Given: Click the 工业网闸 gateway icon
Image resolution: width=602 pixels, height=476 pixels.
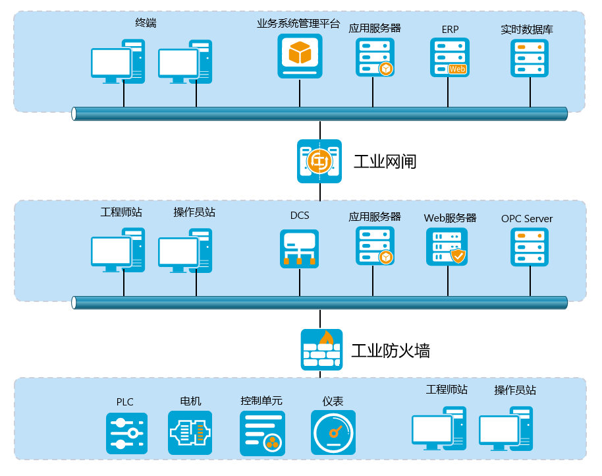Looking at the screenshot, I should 319,161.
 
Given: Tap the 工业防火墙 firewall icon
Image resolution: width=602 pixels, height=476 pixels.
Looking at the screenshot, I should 321,349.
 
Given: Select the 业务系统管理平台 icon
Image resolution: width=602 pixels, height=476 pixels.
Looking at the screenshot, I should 300,56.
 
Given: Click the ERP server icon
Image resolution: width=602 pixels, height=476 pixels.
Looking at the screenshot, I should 450,57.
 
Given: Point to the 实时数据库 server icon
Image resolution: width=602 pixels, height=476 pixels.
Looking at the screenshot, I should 530,57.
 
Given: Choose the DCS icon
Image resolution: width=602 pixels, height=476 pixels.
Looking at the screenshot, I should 299,249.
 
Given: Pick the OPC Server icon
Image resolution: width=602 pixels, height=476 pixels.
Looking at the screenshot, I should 530,247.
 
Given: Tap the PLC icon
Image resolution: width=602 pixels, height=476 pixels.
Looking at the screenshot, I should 126,432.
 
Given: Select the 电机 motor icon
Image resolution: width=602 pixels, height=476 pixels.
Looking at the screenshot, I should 190,432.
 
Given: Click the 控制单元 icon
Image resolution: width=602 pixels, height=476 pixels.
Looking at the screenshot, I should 262,432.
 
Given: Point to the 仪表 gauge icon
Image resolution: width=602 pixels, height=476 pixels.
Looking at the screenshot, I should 333,432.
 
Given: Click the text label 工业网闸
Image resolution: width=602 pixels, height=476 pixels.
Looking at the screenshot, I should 385,162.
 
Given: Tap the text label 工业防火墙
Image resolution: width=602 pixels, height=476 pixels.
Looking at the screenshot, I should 391,350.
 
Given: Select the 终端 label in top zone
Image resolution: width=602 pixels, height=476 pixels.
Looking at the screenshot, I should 146,24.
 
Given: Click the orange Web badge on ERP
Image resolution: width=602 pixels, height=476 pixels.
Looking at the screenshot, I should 457,69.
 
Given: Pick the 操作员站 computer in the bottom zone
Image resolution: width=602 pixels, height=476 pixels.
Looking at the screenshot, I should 505,428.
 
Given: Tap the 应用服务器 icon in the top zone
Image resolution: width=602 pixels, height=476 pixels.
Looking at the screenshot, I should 374,57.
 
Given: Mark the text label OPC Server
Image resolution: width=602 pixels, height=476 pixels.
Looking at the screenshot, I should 527,219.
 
